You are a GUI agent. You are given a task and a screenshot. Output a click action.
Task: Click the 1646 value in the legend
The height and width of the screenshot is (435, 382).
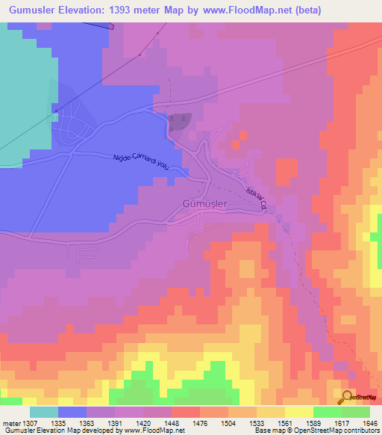point(371,422)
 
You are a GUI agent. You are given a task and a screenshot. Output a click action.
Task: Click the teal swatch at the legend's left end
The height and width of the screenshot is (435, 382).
point(44,412)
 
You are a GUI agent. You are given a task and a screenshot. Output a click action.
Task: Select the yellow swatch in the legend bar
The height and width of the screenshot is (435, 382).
point(299,412)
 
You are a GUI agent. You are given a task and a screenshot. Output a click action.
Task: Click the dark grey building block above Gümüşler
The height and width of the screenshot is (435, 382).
point(180,122)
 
